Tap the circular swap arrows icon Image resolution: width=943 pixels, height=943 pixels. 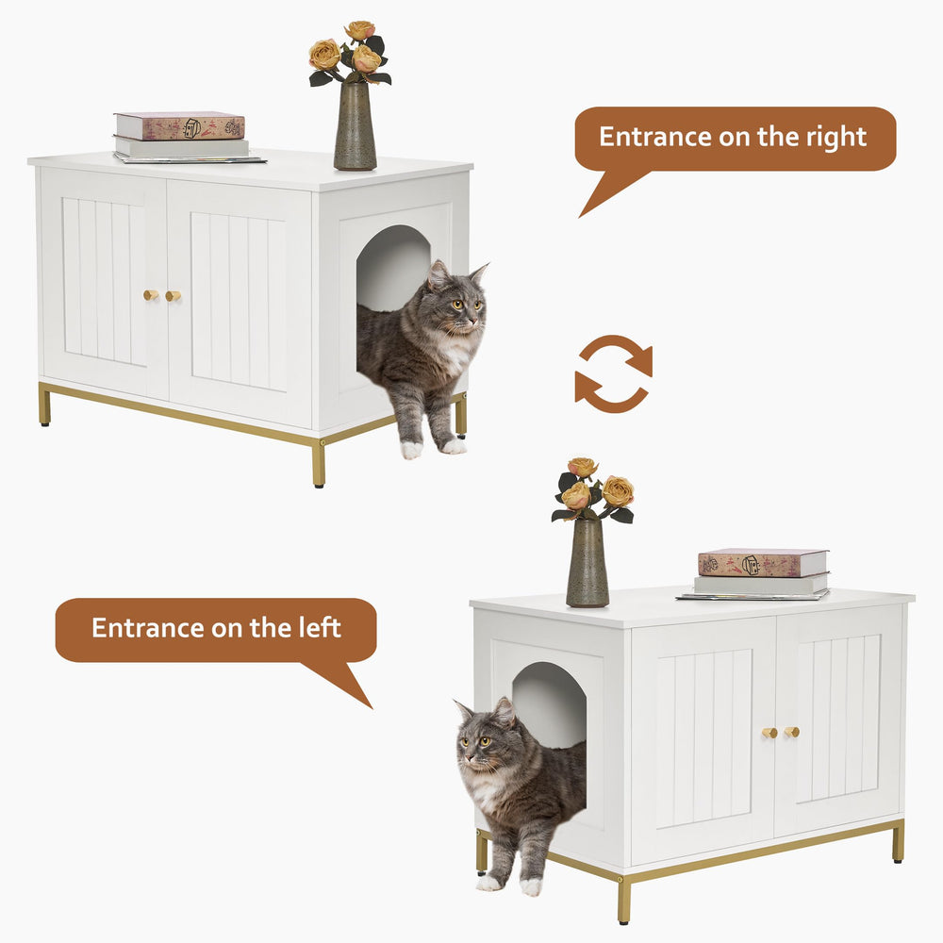coord(613,373)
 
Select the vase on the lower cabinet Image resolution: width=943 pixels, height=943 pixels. coord(587,563)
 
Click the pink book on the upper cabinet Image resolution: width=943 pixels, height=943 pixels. coord(179,126)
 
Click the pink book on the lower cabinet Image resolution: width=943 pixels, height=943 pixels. coord(763,563)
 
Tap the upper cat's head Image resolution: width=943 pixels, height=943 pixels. coord(455,304)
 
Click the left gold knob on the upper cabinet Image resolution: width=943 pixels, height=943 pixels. coord(149,295)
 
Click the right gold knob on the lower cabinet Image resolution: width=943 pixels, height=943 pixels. coord(792,732)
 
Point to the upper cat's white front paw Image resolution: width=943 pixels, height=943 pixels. coord(412,450)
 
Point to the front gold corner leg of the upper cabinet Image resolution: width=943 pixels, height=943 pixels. coord(319,464)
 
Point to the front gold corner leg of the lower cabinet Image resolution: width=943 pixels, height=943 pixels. coord(623,901)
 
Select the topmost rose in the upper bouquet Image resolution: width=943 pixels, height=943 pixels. coord(359,31)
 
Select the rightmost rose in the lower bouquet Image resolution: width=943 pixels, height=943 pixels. coord(618,491)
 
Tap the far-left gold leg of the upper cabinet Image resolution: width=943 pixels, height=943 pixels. coord(44,405)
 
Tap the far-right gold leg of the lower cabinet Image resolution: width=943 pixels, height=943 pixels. coord(897,841)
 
